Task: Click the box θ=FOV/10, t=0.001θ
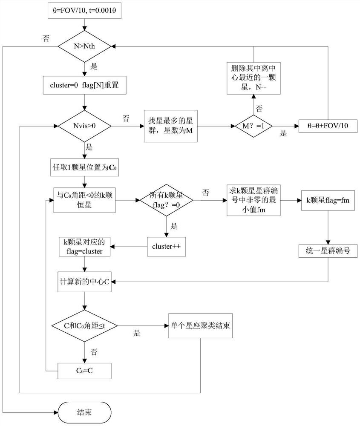(x=84, y=13)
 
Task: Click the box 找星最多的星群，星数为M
(x=170, y=126)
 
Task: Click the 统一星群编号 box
(x=327, y=251)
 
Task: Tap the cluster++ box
(x=167, y=248)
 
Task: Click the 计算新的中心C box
(x=85, y=282)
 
